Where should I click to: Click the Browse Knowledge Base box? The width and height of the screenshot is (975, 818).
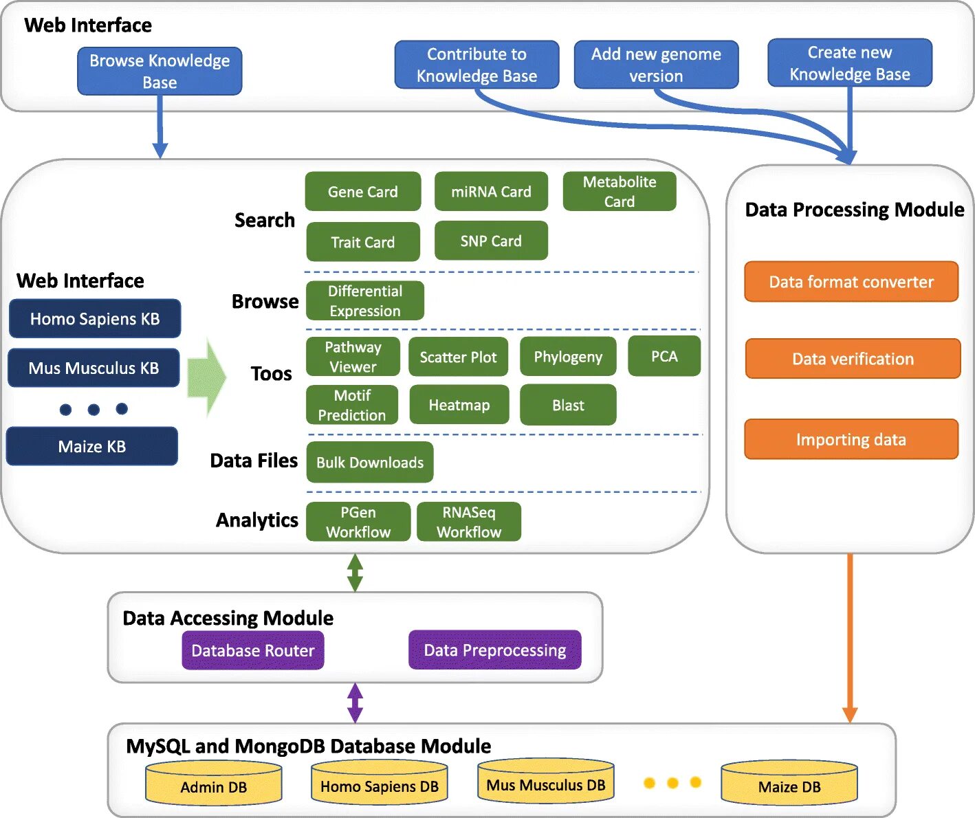(x=160, y=71)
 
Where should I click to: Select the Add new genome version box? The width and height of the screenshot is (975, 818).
(x=656, y=65)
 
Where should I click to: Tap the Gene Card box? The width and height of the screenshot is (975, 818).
(x=362, y=192)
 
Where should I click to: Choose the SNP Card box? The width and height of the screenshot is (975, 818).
(x=491, y=241)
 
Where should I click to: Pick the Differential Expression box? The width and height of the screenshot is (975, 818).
(x=364, y=301)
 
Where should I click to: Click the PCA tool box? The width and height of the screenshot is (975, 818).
(x=664, y=356)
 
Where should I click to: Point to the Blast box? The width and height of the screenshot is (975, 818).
(x=568, y=406)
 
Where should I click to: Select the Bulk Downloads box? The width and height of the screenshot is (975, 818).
(x=370, y=463)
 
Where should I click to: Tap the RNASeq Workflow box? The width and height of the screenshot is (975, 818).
(x=469, y=522)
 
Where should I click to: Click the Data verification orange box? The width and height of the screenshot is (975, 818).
(x=853, y=359)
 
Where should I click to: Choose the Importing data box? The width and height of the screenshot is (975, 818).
(x=851, y=439)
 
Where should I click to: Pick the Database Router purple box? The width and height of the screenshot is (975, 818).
(x=253, y=650)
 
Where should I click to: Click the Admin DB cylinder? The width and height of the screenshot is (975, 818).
(x=214, y=784)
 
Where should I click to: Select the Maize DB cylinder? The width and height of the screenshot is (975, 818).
(x=789, y=784)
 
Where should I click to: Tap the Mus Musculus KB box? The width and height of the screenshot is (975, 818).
(x=94, y=368)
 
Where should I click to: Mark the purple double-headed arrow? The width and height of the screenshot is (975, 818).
(x=355, y=703)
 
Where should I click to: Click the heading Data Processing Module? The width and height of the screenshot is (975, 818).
(x=855, y=210)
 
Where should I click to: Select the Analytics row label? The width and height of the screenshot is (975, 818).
(x=257, y=520)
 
